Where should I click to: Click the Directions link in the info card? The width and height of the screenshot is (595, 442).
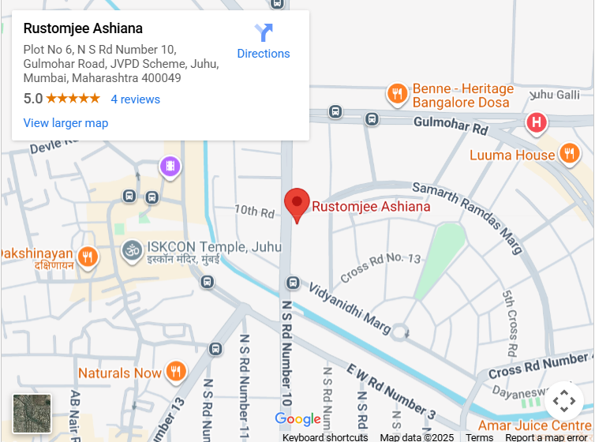[x=264, y=41]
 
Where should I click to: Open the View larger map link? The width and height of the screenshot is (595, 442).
[x=65, y=123]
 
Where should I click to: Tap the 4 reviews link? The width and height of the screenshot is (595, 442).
[x=135, y=99]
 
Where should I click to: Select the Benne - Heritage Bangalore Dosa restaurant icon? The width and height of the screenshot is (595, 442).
[x=397, y=96]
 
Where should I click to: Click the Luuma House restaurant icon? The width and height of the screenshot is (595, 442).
[x=568, y=154]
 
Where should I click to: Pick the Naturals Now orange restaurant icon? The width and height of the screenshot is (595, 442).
[x=176, y=372]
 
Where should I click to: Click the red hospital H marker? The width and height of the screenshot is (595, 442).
[x=537, y=122]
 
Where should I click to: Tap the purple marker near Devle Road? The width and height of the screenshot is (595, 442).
[x=170, y=167]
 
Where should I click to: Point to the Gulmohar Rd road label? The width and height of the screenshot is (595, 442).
[x=451, y=125]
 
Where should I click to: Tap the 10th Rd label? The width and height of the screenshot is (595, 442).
[x=254, y=212]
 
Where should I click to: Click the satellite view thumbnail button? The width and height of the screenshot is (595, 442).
[x=32, y=414]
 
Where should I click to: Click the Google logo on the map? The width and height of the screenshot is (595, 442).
[x=297, y=419]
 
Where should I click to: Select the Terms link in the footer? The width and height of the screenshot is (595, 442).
[x=480, y=437]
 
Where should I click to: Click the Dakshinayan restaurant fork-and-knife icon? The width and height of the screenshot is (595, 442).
[x=88, y=257]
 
